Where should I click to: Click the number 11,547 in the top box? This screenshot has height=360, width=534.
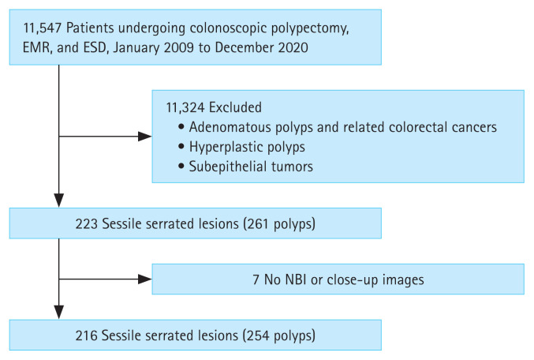pyautogui.click(x=43, y=28)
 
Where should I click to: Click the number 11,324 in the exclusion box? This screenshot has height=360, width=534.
pyautogui.click(x=185, y=107)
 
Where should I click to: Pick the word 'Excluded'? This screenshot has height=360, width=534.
pyautogui.click(x=235, y=107)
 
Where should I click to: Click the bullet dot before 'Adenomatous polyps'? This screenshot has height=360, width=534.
pyautogui.click(x=181, y=127)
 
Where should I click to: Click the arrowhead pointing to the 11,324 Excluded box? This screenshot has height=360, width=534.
pyautogui.click(x=144, y=137)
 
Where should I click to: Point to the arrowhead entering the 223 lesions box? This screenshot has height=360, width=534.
pyautogui.click(x=59, y=201)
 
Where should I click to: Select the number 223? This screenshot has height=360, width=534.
pyautogui.click(x=87, y=224)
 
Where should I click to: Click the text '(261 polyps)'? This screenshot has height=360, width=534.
pyautogui.click(x=279, y=224)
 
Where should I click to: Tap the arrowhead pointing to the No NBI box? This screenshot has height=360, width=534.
pyautogui.click(x=144, y=279)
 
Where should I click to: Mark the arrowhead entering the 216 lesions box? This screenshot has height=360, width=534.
pyautogui.click(x=59, y=313)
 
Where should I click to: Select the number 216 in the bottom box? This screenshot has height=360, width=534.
pyautogui.click(x=87, y=336)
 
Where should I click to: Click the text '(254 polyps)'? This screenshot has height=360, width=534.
pyautogui.click(x=279, y=336)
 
